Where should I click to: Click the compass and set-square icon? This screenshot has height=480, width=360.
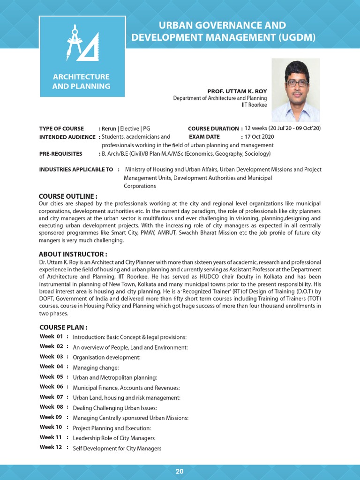pos(82,45)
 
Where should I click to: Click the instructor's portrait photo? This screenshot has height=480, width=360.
pos(296,90)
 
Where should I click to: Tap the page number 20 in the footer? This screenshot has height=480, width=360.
pos(180,472)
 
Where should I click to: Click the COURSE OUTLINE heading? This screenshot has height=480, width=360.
pos(68,196)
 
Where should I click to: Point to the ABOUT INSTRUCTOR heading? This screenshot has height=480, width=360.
pos(70,254)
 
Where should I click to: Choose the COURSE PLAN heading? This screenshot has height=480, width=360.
pos(63,327)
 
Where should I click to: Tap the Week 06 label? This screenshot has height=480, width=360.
pos(51,387)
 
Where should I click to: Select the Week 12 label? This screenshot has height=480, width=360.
pos(51,447)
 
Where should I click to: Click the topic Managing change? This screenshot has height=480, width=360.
pos(96,367)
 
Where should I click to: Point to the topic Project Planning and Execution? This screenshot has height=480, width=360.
pos(112,428)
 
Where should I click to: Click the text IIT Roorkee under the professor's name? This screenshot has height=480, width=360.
pos(254,105)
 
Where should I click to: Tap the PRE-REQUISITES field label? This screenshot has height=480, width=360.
pos(61,154)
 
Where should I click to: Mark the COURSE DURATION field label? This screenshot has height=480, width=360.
pos(213,128)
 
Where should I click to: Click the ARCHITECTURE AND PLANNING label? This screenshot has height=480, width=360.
pos(81,82)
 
